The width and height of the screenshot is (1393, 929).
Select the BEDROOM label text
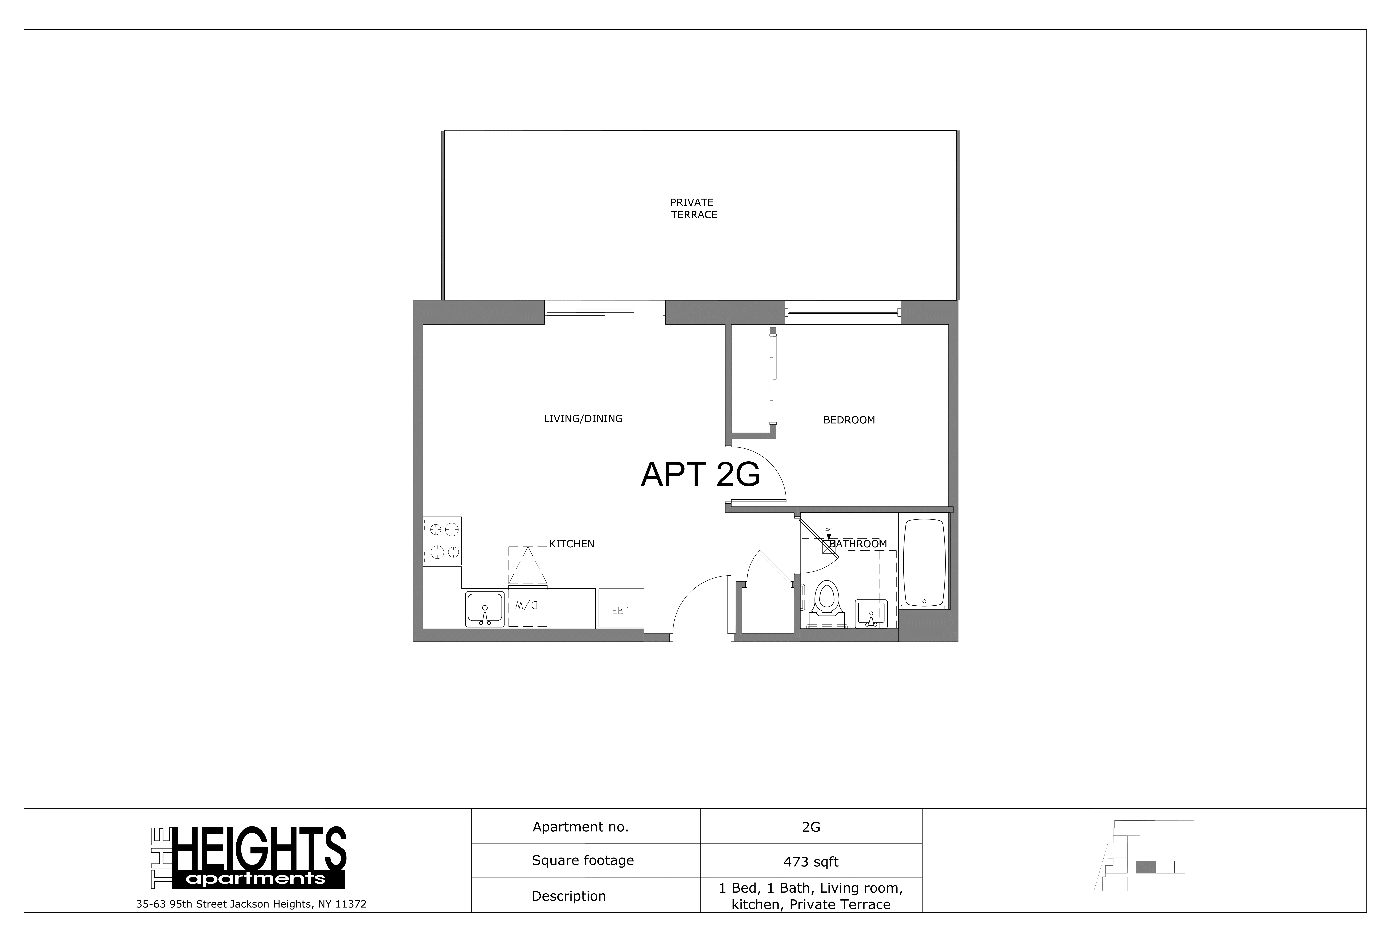(x=849, y=420)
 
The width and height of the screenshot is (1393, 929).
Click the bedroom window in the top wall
(x=842, y=312)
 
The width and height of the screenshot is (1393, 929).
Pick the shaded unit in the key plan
(x=1145, y=867)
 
